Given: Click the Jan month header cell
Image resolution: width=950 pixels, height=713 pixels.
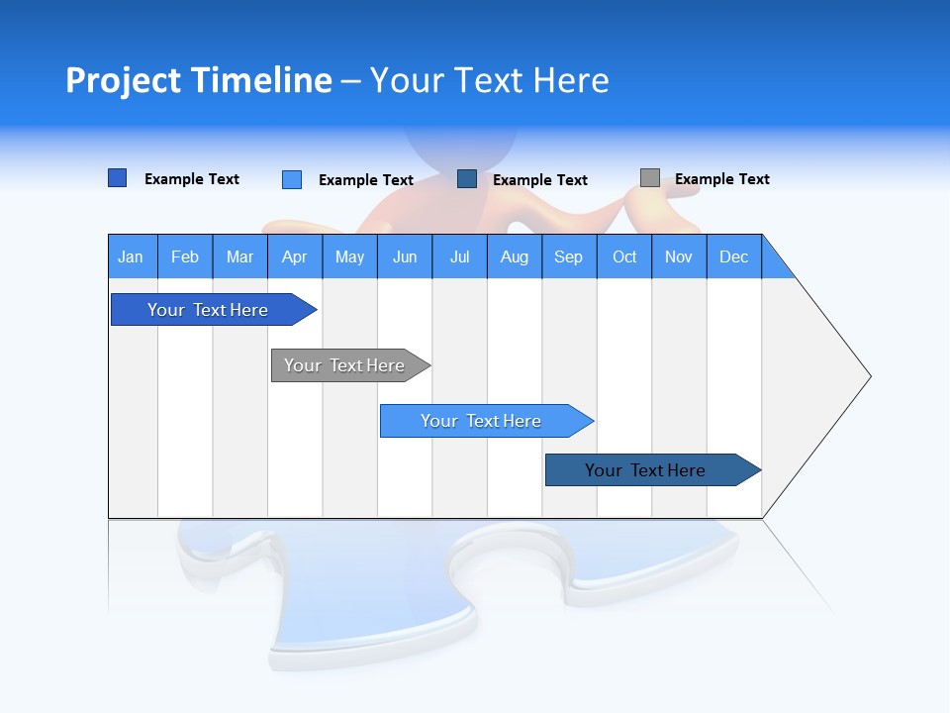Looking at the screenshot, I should pos(132,256).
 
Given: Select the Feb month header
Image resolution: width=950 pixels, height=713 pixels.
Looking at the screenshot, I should pos(185,256).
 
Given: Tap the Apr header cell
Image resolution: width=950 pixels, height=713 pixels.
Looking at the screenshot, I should pos(295,256).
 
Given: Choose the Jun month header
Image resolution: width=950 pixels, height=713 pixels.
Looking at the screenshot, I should pos(405,256).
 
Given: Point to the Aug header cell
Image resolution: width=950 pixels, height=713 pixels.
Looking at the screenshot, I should pos(515,256).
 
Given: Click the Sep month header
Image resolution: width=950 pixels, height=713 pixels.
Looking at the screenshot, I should pos(569,256).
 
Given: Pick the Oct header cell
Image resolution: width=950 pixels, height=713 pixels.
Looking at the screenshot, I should pos(624,256).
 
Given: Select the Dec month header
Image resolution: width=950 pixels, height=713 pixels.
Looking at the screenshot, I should pos(734,256).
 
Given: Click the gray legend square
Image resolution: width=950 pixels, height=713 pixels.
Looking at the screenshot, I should pos(650,178).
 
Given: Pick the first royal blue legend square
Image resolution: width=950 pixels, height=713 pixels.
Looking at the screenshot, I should pos(118,178).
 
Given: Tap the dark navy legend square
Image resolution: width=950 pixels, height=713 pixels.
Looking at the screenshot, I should pos(467,179).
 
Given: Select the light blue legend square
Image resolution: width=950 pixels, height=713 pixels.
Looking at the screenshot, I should pos(292,179).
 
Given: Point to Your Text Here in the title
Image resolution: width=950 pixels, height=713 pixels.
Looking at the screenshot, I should pos(490,80).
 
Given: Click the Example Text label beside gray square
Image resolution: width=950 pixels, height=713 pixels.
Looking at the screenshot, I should pos(722,179).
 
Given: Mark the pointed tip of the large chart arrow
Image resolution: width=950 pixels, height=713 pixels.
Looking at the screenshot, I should pos(869,376).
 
